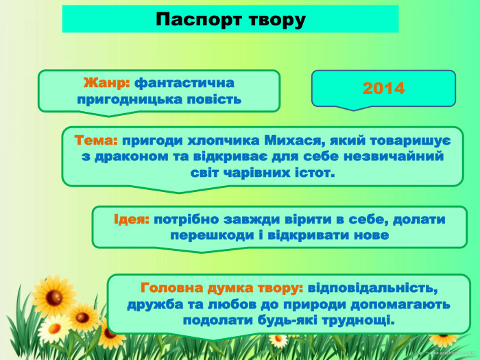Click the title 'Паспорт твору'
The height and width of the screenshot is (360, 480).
point(230,19)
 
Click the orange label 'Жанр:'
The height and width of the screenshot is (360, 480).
point(106,83)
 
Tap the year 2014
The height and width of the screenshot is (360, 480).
point(383,88)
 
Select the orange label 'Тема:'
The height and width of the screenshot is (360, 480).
point(96,140)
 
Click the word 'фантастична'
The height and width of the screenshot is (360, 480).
point(184,83)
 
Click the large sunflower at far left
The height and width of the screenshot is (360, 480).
point(51,296)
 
